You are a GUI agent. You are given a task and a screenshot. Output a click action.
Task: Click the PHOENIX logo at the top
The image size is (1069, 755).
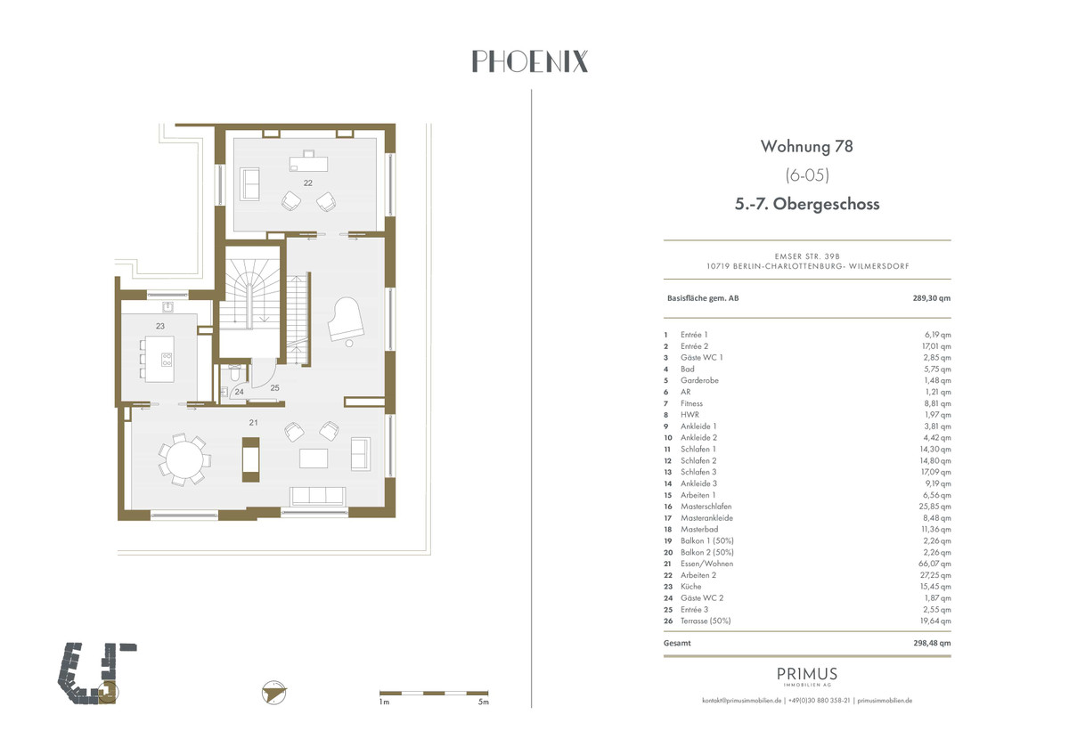[x=530, y=61]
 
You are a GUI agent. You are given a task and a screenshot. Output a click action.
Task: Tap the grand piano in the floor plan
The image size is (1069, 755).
[x=345, y=321]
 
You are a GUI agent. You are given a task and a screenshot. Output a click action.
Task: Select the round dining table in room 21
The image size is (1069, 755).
[x=184, y=460]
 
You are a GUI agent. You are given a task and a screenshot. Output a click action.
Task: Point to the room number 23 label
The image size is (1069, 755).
[x=160, y=326]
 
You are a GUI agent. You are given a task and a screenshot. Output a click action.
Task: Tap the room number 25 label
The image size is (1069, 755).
[x=274, y=387]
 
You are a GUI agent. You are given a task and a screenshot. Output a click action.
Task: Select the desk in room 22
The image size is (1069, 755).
[x=308, y=162]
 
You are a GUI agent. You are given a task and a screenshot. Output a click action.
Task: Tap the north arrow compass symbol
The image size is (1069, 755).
[x=276, y=692]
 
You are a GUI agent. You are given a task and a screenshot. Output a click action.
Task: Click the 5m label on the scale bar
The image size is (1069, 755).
[x=484, y=703]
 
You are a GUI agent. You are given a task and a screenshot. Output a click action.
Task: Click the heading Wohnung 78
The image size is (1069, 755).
[x=807, y=146]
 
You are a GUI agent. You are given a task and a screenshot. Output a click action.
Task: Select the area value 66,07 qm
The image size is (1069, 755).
[x=934, y=564]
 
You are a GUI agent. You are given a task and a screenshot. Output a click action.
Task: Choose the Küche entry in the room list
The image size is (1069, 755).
[x=690, y=587]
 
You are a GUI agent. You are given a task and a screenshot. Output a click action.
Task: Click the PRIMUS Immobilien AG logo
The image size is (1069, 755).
[x=807, y=677]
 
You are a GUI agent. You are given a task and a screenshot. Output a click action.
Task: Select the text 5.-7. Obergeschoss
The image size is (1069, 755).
[x=807, y=204]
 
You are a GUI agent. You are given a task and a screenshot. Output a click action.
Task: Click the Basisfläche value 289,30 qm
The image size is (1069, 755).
[x=931, y=298]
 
